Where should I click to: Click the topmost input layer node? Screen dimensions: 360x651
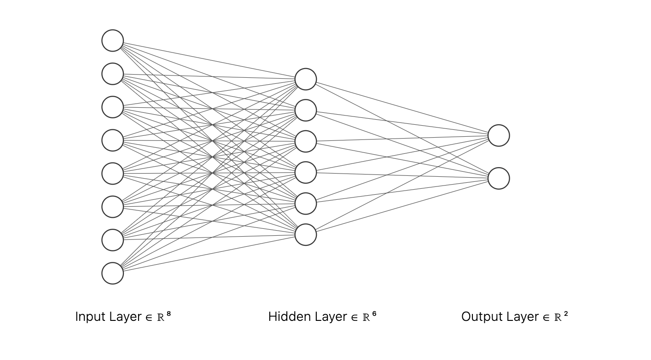pyautogui.click(x=113, y=41)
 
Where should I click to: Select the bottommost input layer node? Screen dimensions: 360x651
pyautogui.click(x=113, y=273)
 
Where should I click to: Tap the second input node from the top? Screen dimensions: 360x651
pyautogui.click(x=113, y=74)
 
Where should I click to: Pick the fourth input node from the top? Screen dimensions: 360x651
pyautogui.click(x=113, y=140)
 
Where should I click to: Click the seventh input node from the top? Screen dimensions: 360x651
pyautogui.click(x=113, y=240)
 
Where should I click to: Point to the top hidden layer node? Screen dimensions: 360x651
pyautogui.click(x=306, y=79)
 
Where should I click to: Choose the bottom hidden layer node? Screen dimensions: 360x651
pyautogui.click(x=306, y=235)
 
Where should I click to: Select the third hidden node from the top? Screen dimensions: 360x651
pyautogui.click(x=306, y=141)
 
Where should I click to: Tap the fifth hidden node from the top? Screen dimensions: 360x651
pyautogui.click(x=306, y=203)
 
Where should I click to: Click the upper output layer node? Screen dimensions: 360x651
pyautogui.click(x=499, y=135)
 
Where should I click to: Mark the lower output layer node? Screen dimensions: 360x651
pyautogui.click(x=499, y=178)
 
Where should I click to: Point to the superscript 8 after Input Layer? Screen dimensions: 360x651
pyautogui.click(x=169, y=314)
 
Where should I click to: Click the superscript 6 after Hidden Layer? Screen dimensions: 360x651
pyautogui.click(x=374, y=314)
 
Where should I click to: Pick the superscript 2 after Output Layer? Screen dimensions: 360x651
pyautogui.click(x=566, y=314)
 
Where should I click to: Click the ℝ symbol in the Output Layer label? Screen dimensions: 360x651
pyautogui.click(x=558, y=317)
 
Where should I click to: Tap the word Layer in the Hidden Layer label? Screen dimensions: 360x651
pyautogui.click(x=331, y=317)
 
